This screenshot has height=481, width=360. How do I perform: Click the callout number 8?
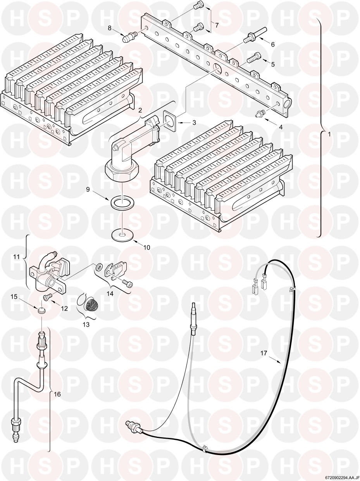[110, 28]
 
